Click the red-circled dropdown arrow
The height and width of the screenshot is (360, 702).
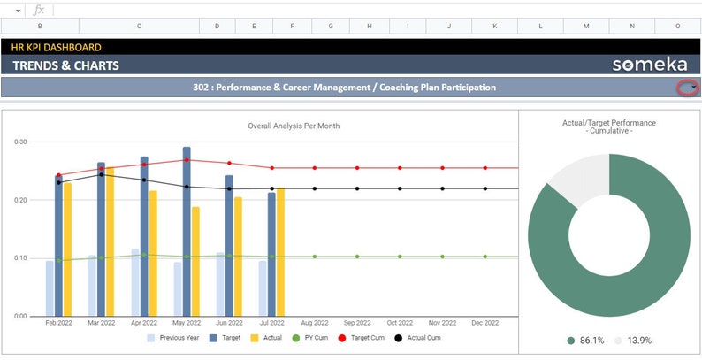click(x=687, y=88)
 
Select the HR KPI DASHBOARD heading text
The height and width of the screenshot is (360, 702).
click(x=57, y=47)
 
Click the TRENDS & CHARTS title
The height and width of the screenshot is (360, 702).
click(x=66, y=65)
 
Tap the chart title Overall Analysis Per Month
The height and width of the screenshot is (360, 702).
click(x=294, y=126)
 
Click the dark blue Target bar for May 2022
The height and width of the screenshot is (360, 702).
click(x=187, y=232)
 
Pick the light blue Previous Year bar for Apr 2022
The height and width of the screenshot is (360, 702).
click(x=135, y=282)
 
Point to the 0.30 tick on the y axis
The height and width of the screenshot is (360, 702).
click(x=21, y=142)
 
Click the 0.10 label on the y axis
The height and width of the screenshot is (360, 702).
click(x=21, y=258)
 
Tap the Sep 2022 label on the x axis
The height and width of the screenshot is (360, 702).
click(x=357, y=324)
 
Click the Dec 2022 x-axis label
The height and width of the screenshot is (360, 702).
click(x=485, y=324)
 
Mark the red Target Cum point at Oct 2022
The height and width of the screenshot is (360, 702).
click(x=400, y=168)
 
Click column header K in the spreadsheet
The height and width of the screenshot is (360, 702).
click(x=495, y=27)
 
